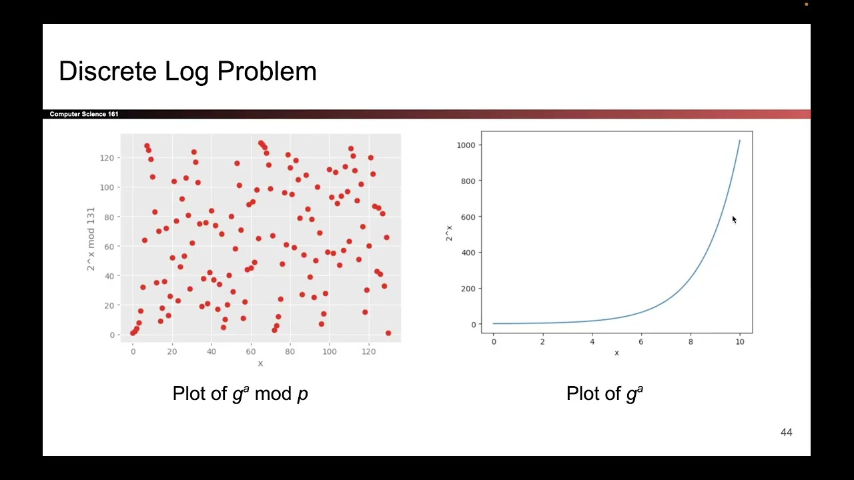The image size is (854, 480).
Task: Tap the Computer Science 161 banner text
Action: pos(84,114)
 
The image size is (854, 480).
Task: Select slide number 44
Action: pos(786,433)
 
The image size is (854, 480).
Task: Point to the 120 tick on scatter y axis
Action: pos(107,158)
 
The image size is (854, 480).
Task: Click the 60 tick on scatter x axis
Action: pos(251,351)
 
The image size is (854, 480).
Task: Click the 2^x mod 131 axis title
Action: pos(91,239)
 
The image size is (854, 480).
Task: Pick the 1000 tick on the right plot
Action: pos(467,145)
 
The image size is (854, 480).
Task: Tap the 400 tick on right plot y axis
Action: pos(469,253)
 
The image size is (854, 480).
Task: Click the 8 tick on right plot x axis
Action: pos(691,341)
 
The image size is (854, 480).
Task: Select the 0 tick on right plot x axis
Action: pos(494,341)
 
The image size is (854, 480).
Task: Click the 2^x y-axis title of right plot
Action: pos(449,233)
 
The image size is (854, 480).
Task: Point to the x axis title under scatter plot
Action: pos(260,363)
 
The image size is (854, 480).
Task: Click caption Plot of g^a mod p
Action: pos(240,393)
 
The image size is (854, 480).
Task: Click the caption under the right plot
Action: pos(604,393)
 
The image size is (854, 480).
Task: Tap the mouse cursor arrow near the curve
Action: pos(734,220)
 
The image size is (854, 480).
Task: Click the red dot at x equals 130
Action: pos(388,333)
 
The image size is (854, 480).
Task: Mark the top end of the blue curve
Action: pos(739,141)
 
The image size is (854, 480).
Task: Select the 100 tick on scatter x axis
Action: pos(330,351)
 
